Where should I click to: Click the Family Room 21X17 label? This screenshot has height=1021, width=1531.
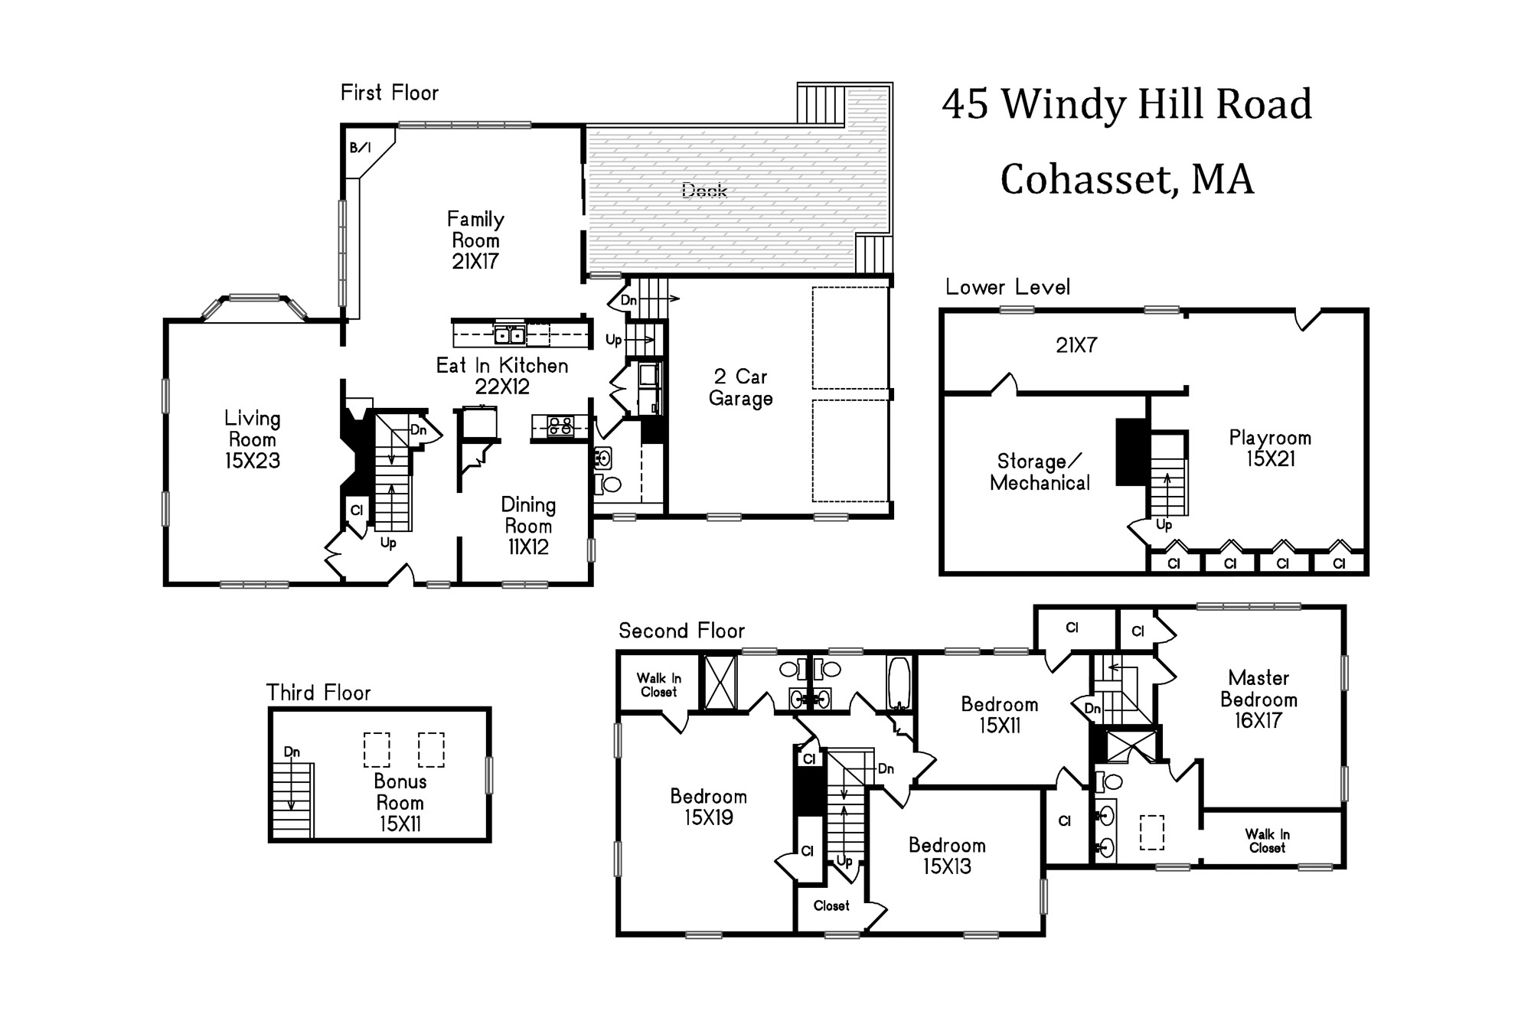(x=475, y=240)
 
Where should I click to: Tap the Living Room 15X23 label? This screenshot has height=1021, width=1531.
(x=253, y=439)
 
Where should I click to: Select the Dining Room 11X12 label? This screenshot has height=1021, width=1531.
(x=528, y=526)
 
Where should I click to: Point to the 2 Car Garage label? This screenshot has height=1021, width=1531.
(x=740, y=387)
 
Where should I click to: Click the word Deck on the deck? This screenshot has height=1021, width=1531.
(x=704, y=190)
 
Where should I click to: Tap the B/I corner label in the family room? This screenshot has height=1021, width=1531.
(x=360, y=148)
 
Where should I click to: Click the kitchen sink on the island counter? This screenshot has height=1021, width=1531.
(x=510, y=334)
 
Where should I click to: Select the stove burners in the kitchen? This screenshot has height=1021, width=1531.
(x=560, y=426)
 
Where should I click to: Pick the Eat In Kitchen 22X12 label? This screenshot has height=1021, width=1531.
(x=502, y=376)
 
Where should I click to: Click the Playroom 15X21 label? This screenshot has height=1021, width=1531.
(x=1270, y=448)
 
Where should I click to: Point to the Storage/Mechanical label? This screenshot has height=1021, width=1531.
(x=1040, y=472)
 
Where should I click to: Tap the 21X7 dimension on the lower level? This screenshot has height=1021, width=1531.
(x=1076, y=345)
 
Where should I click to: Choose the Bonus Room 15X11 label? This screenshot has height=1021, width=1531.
(x=400, y=803)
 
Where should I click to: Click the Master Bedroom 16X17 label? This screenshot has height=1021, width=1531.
(x=1258, y=699)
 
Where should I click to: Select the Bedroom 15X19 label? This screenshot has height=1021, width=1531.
(x=709, y=807)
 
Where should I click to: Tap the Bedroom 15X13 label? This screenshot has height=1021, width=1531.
(x=947, y=856)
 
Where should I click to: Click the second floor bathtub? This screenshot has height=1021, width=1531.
(x=899, y=683)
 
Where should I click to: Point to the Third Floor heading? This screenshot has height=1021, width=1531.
(x=318, y=693)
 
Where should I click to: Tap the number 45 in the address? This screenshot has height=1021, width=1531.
(x=965, y=104)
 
